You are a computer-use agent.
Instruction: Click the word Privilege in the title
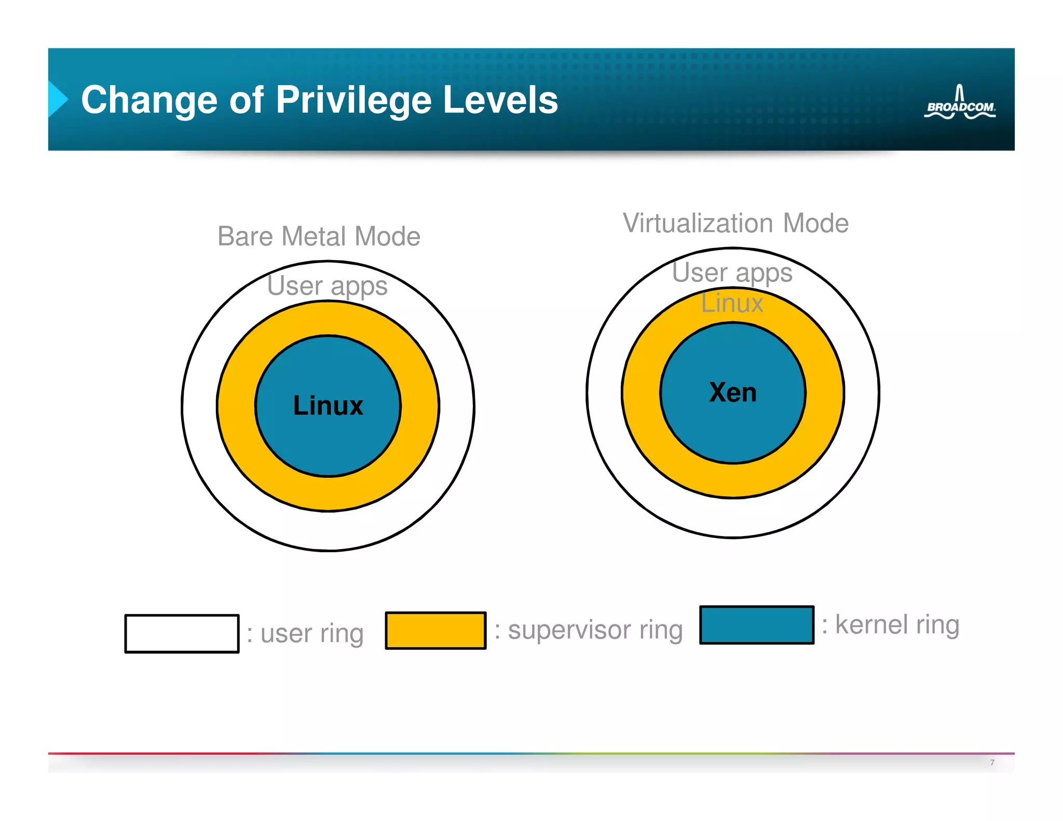point(353,100)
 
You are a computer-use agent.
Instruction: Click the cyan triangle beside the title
point(58,99)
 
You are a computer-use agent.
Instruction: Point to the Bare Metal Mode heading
point(318,237)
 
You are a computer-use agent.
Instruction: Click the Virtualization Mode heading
point(735,224)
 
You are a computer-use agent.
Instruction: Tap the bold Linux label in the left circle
point(328,406)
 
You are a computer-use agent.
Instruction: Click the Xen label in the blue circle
point(733,392)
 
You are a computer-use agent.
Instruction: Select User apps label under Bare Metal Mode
point(327,286)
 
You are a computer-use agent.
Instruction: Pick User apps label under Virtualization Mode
point(732,273)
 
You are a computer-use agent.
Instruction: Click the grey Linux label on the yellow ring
point(732,304)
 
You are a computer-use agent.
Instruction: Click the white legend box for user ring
point(182,634)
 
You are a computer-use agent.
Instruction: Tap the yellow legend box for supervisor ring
point(435,631)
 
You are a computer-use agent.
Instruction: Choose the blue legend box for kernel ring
point(756,625)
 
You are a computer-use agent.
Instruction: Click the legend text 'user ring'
point(311,634)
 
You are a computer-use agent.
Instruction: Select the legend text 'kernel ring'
point(896,625)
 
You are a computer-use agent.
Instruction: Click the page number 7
point(992,762)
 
